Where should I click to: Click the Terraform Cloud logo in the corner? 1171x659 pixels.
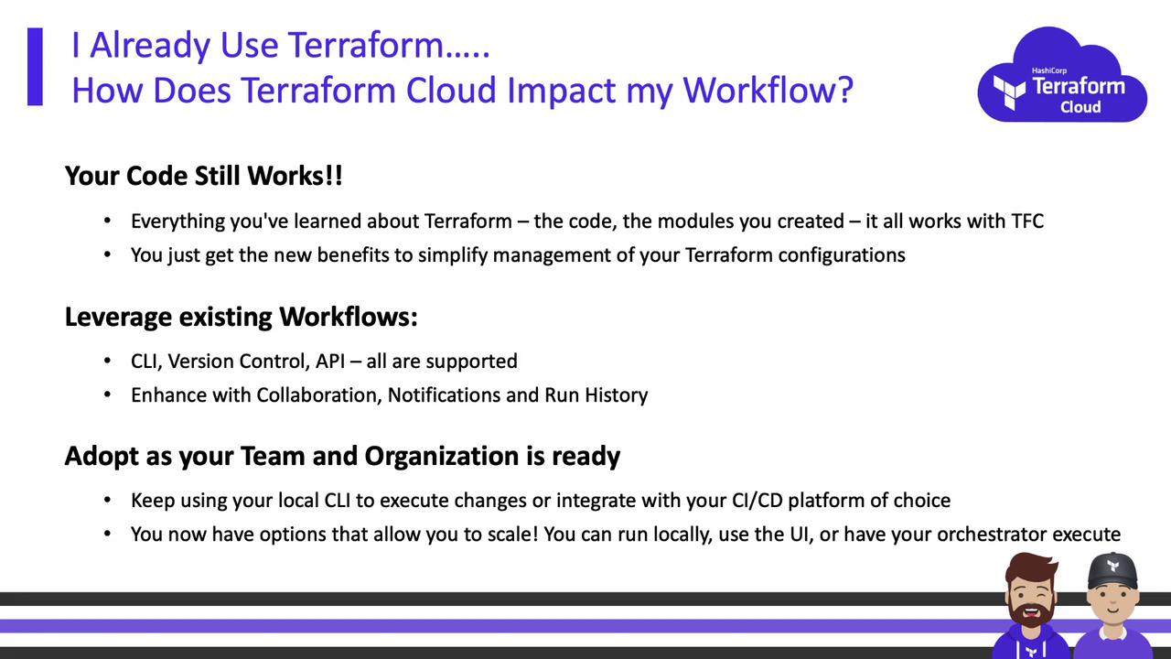[x=1062, y=75]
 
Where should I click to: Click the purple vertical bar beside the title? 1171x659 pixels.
[x=35, y=67]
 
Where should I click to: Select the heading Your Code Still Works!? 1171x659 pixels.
[x=203, y=176]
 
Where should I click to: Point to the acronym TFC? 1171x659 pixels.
[x=1027, y=221]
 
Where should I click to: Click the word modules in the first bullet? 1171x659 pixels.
[x=686, y=221]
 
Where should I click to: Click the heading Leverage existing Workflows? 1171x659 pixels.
[x=241, y=317]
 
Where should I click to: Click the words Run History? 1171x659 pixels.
[x=596, y=395]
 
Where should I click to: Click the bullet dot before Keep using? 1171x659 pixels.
[x=107, y=500]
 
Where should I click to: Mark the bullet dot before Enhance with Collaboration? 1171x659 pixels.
[x=107, y=394]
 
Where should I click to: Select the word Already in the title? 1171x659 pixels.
[x=152, y=46]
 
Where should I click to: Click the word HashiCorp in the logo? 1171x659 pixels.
[x=1048, y=70]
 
